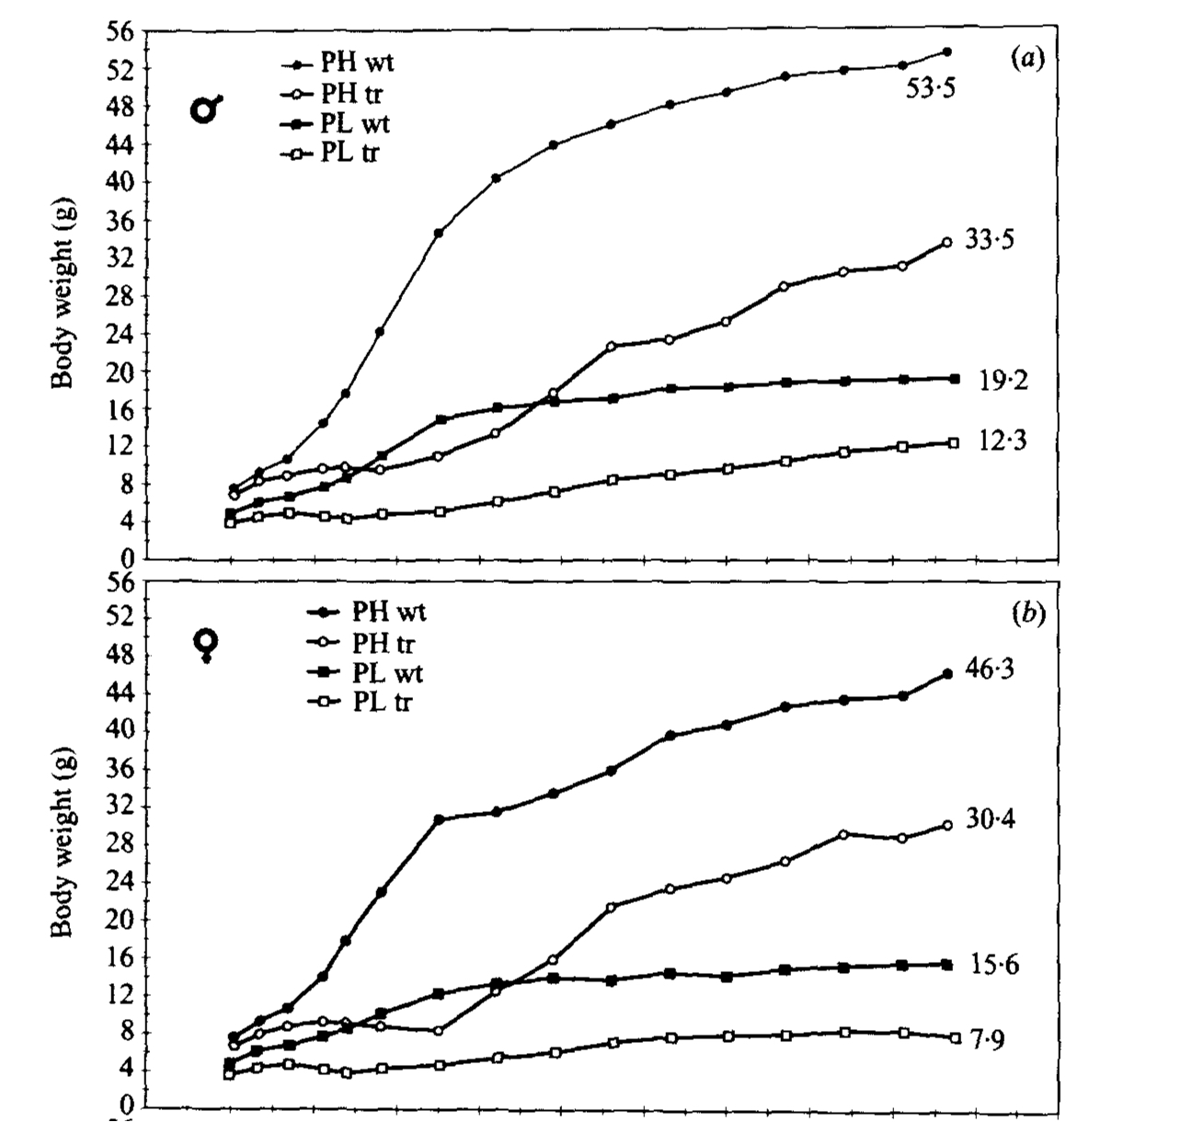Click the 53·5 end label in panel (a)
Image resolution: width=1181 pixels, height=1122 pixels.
931,90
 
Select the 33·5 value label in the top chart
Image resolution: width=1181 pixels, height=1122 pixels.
989,239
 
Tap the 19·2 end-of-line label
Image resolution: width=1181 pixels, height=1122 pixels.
1003,380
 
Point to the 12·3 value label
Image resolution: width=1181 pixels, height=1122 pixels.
1003,441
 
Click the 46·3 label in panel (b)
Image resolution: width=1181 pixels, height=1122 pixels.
990,669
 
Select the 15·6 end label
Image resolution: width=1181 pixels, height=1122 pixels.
993,965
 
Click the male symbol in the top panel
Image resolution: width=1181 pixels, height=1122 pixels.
206,109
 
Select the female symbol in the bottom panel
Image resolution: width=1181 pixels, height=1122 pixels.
209,645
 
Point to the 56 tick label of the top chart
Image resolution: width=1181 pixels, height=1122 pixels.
123,31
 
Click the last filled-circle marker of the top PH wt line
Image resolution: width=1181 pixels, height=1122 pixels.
947,52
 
